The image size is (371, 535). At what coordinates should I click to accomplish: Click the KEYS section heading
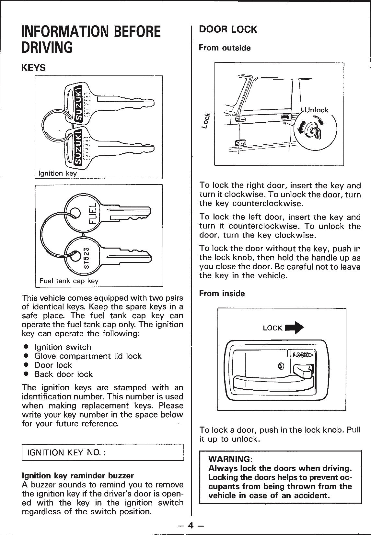(33, 68)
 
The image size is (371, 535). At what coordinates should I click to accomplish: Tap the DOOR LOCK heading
(228, 29)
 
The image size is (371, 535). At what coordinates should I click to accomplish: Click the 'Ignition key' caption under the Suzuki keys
(57, 173)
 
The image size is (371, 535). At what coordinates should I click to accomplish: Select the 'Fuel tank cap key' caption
(69, 281)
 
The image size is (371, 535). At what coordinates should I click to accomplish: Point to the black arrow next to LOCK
(294, 327)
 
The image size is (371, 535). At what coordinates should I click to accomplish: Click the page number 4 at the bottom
(191, 525)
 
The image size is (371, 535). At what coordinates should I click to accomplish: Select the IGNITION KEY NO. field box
(102, 452)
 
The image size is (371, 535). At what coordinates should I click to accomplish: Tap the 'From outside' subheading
(225, 48)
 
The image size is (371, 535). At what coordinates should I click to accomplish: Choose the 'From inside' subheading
(222, 294)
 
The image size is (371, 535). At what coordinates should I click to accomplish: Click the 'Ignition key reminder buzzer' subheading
(77, 475)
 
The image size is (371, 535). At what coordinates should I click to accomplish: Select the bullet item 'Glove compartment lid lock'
(88, 356)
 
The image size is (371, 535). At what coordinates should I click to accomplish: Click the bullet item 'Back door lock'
(64, 374)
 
